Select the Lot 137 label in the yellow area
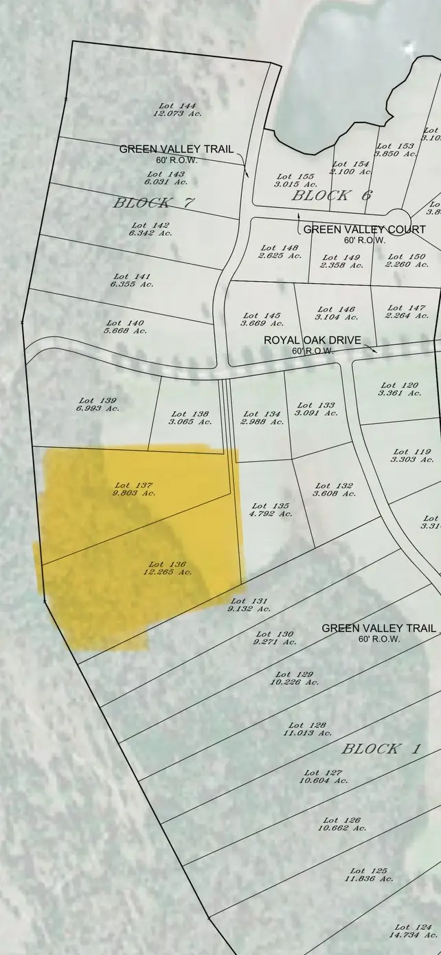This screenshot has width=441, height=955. coord(134,485)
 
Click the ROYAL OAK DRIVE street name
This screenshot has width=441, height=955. coord(312,340)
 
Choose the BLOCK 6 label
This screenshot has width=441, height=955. coord(332,195)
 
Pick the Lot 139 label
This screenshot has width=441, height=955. coord(98,400)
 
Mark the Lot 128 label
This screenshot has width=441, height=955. coord(307,725)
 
